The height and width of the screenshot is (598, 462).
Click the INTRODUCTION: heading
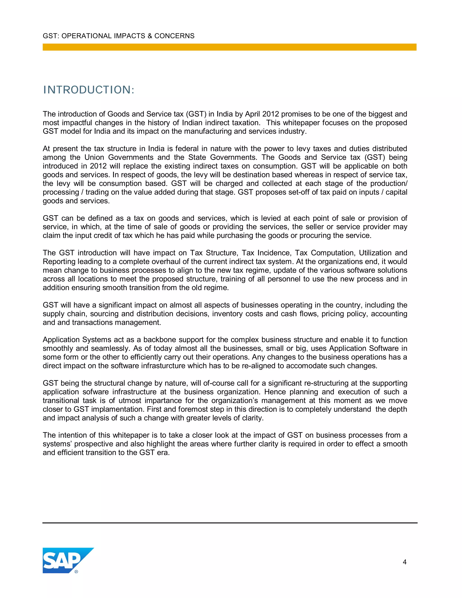coord(89,90)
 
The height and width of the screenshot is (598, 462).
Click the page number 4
coord(404,562)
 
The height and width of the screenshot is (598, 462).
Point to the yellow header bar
coord(229,47)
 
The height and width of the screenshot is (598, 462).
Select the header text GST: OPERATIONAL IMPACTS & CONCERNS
coord(118,36)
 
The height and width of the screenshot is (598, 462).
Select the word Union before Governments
coord(94,158)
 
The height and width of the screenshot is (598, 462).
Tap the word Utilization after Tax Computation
coord(374,253)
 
